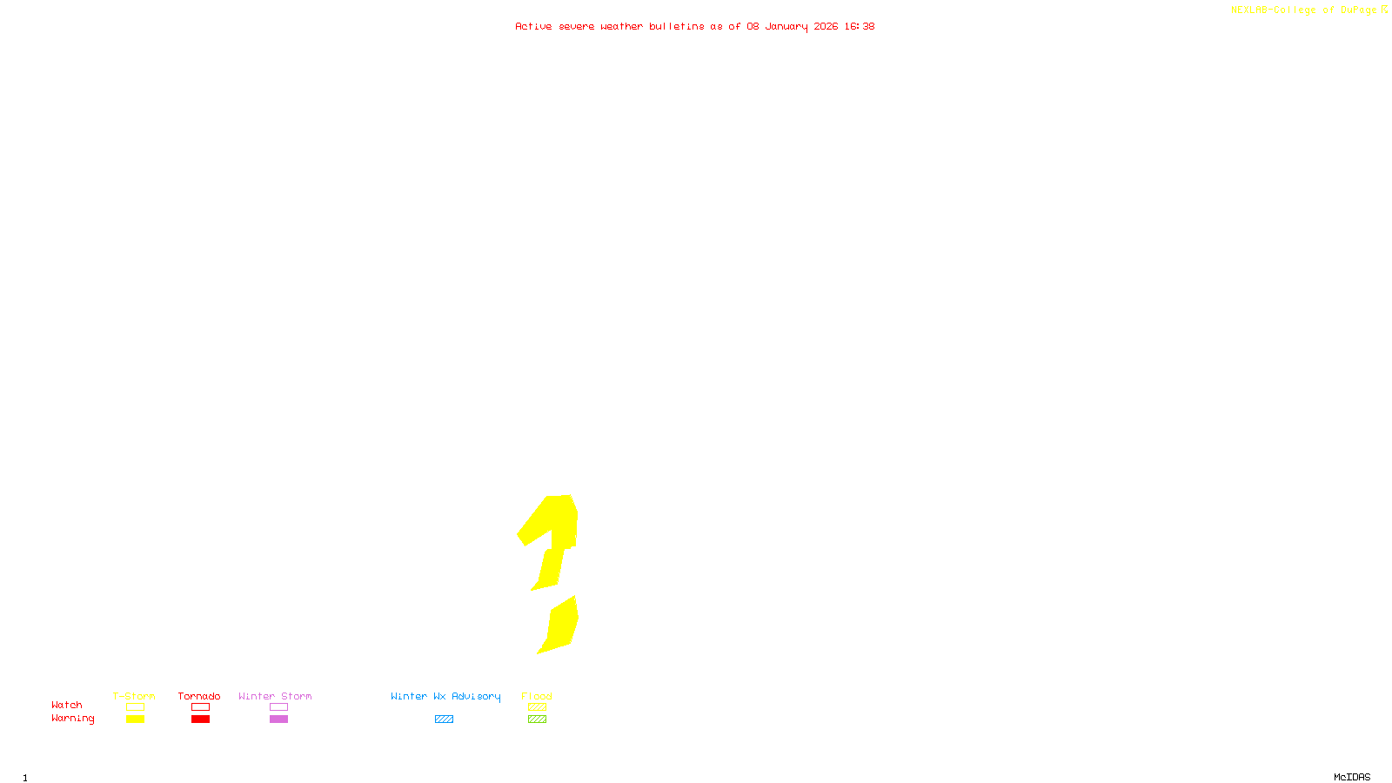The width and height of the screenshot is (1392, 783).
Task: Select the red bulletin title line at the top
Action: (694, 26)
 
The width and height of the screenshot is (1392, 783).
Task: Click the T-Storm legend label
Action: (134, 696)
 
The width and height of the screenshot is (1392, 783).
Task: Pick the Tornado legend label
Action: (199, 696)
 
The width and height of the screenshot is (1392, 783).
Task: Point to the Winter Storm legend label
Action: (275, 696)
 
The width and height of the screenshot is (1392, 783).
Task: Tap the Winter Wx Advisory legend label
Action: (445, 696)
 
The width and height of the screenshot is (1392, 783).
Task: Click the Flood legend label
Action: (537, 696)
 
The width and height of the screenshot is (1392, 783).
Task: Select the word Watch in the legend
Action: (67, 705)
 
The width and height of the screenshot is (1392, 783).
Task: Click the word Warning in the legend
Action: (72, 719)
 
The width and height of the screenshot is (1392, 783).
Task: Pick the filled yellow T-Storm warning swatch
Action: (135, 719)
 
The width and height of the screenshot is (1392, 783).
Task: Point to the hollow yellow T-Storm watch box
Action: (135, 707)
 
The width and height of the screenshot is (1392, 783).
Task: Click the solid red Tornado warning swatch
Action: (201, 719)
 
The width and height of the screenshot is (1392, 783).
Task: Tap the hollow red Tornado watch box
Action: (201, 707)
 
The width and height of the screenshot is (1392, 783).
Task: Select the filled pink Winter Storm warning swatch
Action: (278, 719)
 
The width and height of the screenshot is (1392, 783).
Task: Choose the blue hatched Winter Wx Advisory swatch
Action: (444, 719)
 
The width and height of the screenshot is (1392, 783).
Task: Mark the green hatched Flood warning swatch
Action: (537, 719)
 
